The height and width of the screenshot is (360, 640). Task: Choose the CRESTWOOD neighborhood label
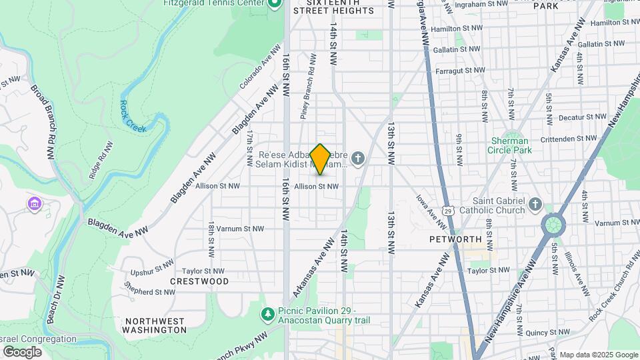199,281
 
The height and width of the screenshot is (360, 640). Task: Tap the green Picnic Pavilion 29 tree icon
267,313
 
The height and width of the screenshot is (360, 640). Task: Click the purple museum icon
35,203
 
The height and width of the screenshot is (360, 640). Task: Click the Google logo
22,352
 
